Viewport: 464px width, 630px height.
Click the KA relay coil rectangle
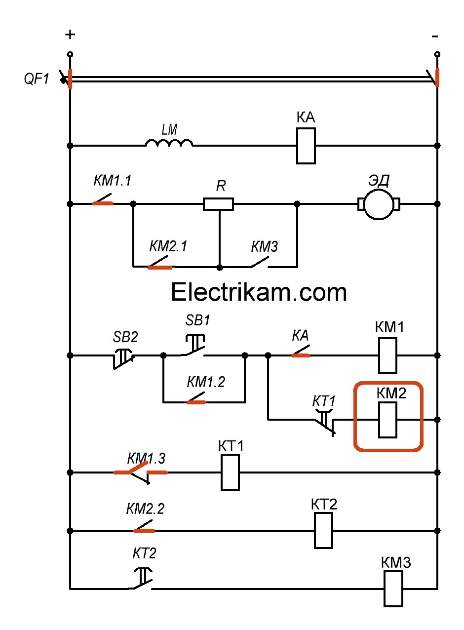pos(306,146)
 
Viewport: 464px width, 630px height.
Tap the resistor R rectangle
pos(218,203)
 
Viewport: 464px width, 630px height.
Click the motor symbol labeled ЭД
pos(379,203)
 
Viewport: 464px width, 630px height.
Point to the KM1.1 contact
pos(103,202)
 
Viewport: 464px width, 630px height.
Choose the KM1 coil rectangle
pos(387,355)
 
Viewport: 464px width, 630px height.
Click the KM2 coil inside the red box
pos(387,420)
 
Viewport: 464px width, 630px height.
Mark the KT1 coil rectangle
pos(230,472)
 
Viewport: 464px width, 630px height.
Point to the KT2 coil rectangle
pos(324,530)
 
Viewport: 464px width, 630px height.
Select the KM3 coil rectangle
pos(393,589)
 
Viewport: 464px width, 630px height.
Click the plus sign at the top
pos(71,35)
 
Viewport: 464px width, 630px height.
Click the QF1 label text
pos(37,79)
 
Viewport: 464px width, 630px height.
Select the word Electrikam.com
pos(259,292)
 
